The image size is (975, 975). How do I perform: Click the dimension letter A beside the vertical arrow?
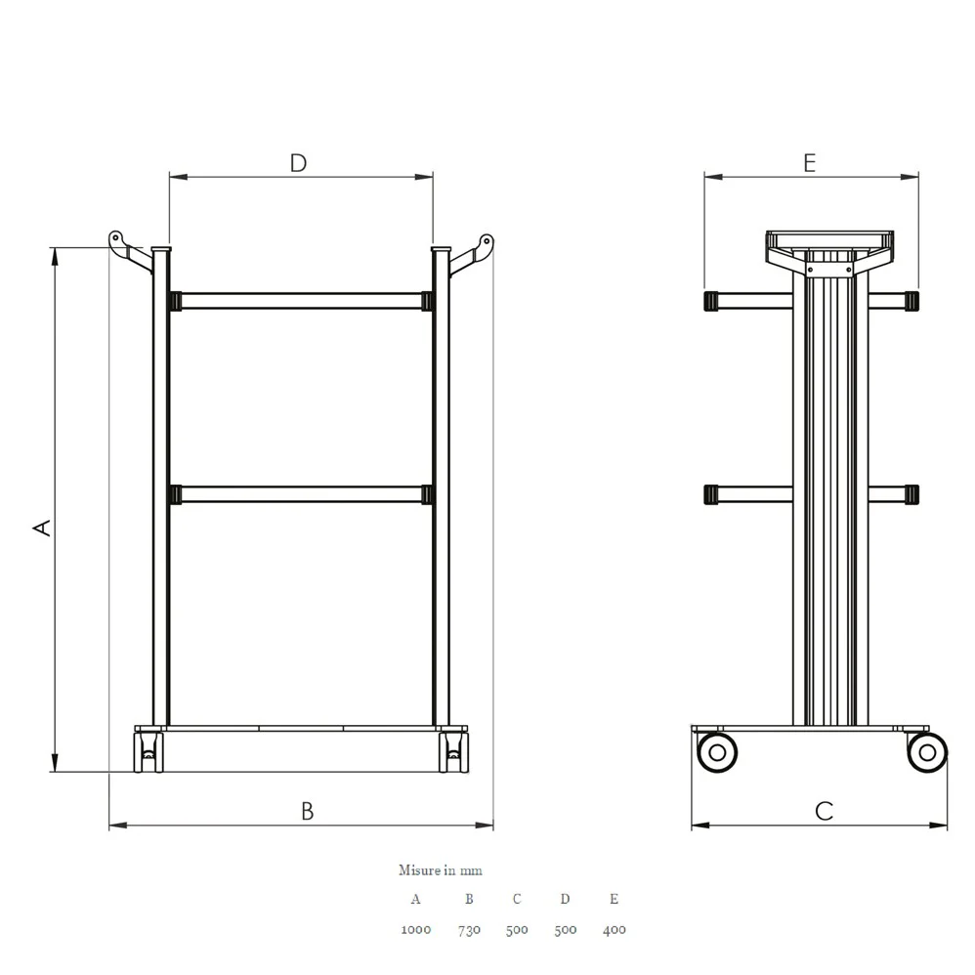pos(42,528)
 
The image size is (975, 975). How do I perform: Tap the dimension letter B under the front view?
pos(307,811)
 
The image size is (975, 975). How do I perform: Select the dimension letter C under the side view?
pos(824,811)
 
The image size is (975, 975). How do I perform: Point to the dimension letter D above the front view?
pos(299,163)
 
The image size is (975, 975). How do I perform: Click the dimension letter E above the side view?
pos(809,163)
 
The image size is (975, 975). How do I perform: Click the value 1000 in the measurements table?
pos(416,930)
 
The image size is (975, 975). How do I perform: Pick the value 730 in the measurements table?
pos(469,930)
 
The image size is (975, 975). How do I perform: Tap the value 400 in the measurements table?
pos(614,930)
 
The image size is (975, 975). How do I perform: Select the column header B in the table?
pos(469,899)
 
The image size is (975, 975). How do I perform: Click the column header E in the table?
pos(614,899)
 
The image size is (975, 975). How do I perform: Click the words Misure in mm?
pos(441,869)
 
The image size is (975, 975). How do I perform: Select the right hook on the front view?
pos(472,254)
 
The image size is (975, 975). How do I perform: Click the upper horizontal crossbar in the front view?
pos(301,302)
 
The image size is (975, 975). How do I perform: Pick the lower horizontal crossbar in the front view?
pos(301,495)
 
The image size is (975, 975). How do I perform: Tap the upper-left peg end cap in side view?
pos(710,301)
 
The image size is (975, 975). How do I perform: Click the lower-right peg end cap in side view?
pos(911,495)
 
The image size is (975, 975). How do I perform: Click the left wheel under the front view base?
pos(148,753)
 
